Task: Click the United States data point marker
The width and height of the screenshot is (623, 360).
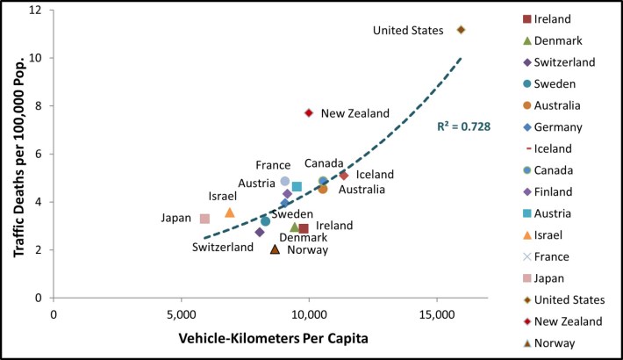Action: tap(461, 30)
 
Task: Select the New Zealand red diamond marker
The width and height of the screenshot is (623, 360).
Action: tap(308, 112)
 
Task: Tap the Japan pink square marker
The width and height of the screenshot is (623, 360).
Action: tap(204, 219)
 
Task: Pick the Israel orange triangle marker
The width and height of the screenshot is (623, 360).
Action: tap(230, 212)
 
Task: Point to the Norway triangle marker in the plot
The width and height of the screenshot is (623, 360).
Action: tap(275, 248)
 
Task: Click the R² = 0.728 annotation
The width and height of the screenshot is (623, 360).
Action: tap(463, 126)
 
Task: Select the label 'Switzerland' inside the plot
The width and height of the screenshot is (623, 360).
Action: tap(224, 248)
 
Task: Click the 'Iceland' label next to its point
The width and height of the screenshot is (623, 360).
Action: tap(375, 175)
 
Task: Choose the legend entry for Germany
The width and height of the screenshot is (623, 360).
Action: tap(570, 126)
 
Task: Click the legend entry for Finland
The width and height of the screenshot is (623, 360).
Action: tap(568, 191)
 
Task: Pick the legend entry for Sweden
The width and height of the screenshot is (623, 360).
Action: tap(567, 83)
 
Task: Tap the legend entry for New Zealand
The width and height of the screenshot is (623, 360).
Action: tap(580, 321)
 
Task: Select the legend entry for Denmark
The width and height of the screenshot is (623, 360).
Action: tap(570, 40)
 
